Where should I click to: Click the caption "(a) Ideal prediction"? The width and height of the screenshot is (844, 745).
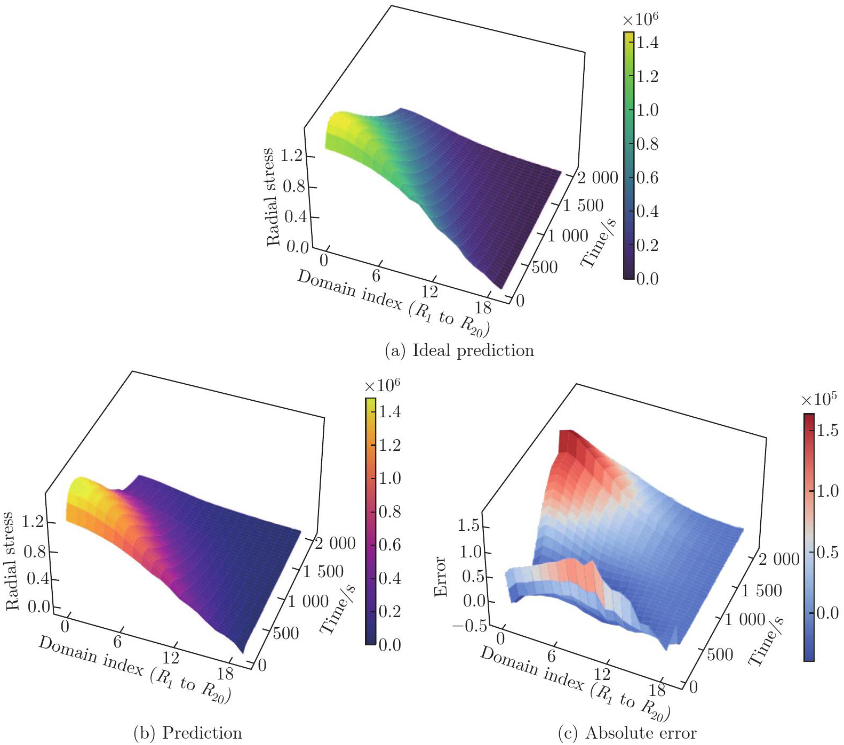coord(459,351)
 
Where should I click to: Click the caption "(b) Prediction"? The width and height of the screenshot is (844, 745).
coord(187,733)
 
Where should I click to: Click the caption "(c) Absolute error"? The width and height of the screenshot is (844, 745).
coord(627,733)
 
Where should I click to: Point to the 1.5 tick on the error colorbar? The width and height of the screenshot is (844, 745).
coord(827,431)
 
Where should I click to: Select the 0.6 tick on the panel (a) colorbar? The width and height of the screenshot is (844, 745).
coord(647,177)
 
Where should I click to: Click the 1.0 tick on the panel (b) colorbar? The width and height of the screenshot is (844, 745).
coord(389,478)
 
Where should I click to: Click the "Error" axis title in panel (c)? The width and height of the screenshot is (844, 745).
coord(440,577)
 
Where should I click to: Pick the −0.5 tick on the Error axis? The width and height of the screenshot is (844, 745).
coord(469,626)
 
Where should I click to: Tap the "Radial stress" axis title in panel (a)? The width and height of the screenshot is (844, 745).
coord(272,197)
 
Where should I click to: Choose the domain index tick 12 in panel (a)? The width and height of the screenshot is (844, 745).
coord(429,291)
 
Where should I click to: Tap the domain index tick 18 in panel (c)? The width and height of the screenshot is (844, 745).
coord(657,690)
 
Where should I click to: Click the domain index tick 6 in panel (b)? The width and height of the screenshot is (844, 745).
coord(117,641)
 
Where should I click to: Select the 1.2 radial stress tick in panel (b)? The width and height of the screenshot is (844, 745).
coord(33,521)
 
